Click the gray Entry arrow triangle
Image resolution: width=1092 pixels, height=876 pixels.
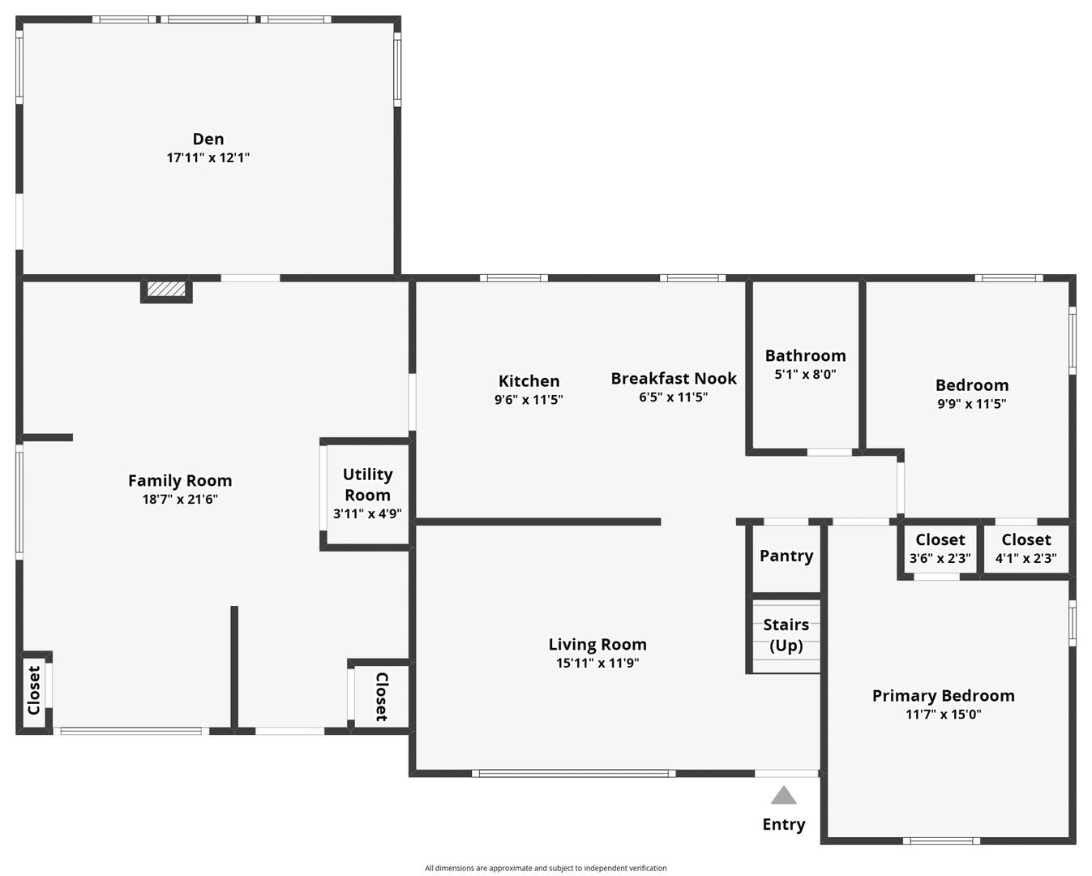(x=783, y=796)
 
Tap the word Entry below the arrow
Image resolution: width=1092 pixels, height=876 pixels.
(x=783, y=825)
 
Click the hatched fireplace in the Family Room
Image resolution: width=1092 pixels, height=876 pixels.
(x=166, y=289)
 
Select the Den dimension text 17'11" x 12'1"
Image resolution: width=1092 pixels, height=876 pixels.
(x=208, y=157)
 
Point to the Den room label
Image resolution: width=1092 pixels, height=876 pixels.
(x=208, y=139)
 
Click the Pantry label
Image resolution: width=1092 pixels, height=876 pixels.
(x=786, y=556)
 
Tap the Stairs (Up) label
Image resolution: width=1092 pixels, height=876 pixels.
(x=786, y=635)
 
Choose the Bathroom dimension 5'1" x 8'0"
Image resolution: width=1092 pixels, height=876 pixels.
(x=805, y=374)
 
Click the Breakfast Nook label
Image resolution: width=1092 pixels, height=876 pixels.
(x=674, y=378)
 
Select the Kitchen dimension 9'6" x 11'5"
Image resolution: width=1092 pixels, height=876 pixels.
(x=529, y=400)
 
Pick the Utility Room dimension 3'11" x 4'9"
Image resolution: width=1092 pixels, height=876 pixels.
(x=367, y=514)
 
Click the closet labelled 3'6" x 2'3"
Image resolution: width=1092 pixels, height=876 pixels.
(x=940, y=550)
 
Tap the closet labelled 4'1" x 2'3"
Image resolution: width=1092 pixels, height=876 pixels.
(x=1026, y=550)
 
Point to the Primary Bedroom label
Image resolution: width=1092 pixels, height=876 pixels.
(x=944, y=696)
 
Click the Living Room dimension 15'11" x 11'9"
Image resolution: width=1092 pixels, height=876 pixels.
(x=597, y=663)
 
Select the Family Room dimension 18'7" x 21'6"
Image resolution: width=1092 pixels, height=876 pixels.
(x=180, y=499)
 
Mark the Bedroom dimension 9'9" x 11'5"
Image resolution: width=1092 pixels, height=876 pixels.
(x=972, y=404)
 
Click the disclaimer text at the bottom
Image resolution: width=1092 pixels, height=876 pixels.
(x=546, y=868)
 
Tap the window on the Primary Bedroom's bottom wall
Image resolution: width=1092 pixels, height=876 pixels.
(x=941, y=841)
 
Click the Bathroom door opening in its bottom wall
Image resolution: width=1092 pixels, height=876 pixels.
(x=829, y=452)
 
